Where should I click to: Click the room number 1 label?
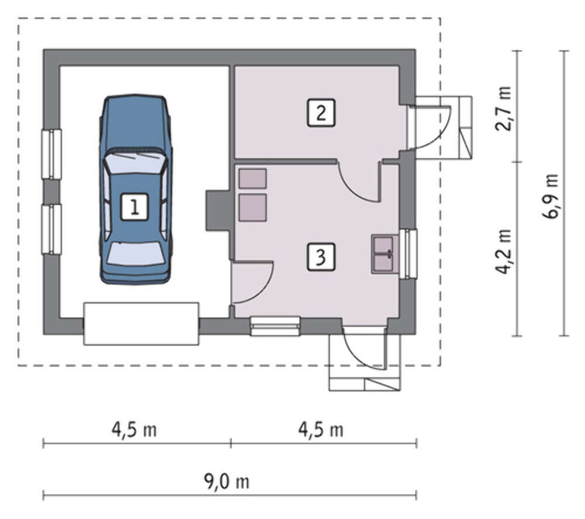click(x=135, y=207)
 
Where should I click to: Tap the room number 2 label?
click(x=321, y=112)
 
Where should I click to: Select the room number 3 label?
click(x=321, y=257)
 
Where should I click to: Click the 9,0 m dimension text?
click(x=226, y=482)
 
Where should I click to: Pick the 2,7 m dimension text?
click(x=503, y=108)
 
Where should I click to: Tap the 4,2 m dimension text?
click(x=503, y=251)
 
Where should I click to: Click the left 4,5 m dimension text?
click(x=135, y=430)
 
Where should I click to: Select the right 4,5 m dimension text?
click(x=321, y=430)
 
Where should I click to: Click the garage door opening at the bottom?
click(x=141, y=323)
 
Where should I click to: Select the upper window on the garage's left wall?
click(x=51, y=154)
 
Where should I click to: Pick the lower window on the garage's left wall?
click(x=51, y=230)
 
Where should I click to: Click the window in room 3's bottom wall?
click(x=275, y=326)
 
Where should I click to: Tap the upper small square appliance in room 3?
click(x=253, y=178)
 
